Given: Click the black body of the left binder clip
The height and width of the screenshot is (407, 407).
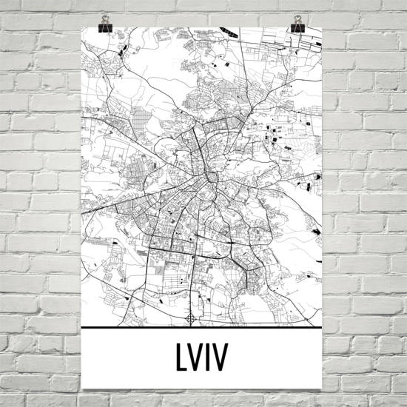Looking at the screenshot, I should [105, 28].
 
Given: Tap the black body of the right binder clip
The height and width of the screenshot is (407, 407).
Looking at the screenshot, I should [297, 28].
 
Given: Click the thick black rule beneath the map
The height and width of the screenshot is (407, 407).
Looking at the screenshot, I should [201, 327].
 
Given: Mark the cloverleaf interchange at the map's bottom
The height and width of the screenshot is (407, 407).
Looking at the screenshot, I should [190, 319].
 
